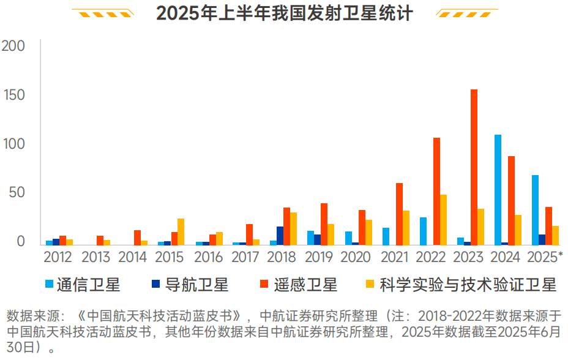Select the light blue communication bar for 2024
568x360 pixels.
[498, 190]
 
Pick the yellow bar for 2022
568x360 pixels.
[443, 220]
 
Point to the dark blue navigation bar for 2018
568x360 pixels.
[280, 236]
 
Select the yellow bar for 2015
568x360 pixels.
[181, 231]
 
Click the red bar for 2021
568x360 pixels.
[399, 214]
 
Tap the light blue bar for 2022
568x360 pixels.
[423, 231]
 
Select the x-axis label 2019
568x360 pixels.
[319, 257]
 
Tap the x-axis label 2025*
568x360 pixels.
[544, 257]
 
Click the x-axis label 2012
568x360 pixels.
[58, 257]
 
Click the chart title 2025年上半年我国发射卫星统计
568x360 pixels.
[284, 13]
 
